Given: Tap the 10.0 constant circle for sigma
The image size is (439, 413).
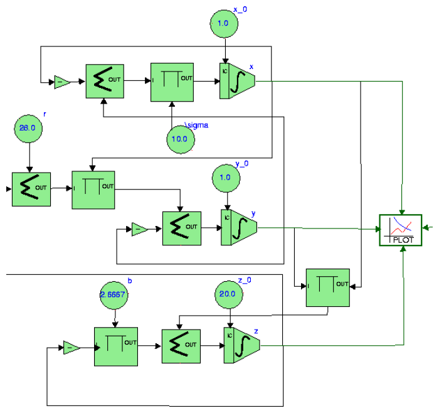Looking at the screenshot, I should pyautogui.click(x=181, y=139).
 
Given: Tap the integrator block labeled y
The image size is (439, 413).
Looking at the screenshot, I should pyautogui.click(x=239, y=228).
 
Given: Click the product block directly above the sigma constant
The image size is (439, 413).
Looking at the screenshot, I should pyautogui.click(x=172, y=81).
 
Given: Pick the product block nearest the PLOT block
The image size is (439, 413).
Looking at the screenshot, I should pyautogui.click(x=327, y=287).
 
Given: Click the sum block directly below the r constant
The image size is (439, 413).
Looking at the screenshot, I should pyautogui.click(x=31, y=188).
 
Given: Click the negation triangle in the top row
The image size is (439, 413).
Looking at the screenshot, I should pyautogui.click(x=62, y=82).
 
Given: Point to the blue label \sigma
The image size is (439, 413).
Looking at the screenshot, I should pyautogui.click(x=197, y=126).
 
